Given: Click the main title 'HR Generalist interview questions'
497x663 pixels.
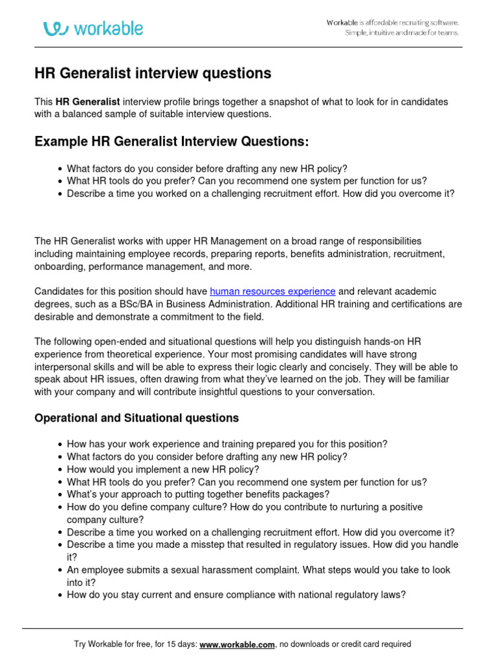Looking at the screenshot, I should click(153, 74).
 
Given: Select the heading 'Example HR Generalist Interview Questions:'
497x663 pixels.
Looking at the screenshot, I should click(171, 141).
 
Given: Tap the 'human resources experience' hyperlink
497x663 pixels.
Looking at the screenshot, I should click(272, 291).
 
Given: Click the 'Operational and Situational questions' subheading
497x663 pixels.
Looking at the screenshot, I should click(137, 418).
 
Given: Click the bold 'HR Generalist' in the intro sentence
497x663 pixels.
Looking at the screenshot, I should click(87, 102).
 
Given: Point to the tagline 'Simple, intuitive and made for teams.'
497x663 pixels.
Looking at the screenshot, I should click(401, 33).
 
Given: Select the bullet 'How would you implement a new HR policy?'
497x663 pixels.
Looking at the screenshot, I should click(162, 469).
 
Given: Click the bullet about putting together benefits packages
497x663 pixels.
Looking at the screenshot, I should click(198, 495).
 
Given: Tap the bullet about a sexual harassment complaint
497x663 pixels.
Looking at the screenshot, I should click(259, 570).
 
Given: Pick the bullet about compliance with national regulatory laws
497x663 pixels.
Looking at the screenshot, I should click(236, 594).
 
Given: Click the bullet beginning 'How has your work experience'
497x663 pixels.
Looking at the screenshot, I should click(227, 444).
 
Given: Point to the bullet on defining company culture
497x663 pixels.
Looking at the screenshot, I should click(245, 507).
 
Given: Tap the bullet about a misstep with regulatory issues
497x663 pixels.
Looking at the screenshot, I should click(262, 545).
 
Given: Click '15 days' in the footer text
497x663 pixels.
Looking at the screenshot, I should click(181, 644).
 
